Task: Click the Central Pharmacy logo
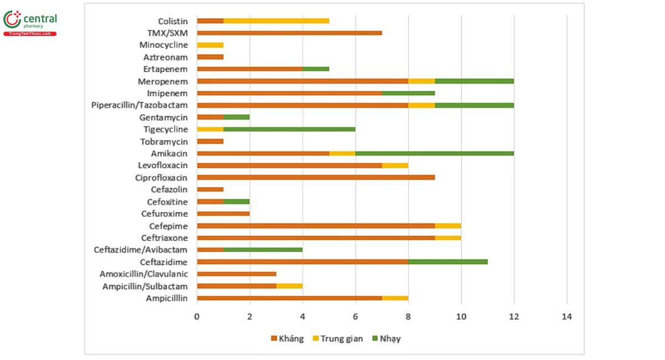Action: pyautogui.click(x=30, y=23)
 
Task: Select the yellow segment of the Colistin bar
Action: pyautogui.click(x=276, y=21)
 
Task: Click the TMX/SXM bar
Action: pyautogui.click(x=289, y=33)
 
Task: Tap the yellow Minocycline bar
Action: pyautogui.click(x=210, y=45)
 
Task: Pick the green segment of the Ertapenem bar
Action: pyautogui.click(x=316, y=69)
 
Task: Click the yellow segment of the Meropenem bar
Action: pyautogui.click(x=422, y=81)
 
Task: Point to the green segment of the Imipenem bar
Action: pyautogui.click(x=408, y=93)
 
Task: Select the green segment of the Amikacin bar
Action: pyautogui.click(x=434, y=153)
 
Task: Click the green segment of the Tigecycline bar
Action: pyautogui.click(x=289, y=130)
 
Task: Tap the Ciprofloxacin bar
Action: pyautogui.click(x=316, y=177)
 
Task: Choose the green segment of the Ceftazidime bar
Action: pyautogui.click(x=448, y=262)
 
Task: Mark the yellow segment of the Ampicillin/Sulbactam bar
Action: pyautogui.click(x=289, y=286)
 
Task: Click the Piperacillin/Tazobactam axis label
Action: pyautogui.click(x=140, y=105)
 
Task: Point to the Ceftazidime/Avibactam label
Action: pyautogui.click(x=141, y=250)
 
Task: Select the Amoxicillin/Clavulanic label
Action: pyautogui.click(x=144, y=274)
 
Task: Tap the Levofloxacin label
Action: pyautogui.click(x=163, y=165)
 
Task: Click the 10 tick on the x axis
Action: pyautogui.click(x=461, y=317)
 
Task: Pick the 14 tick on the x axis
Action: pyautogui.click(x=567, y=317)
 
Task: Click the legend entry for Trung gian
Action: pyautogui.click(x=338, y=338)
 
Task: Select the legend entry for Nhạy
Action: pyautogui.click(x=386, y=338)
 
